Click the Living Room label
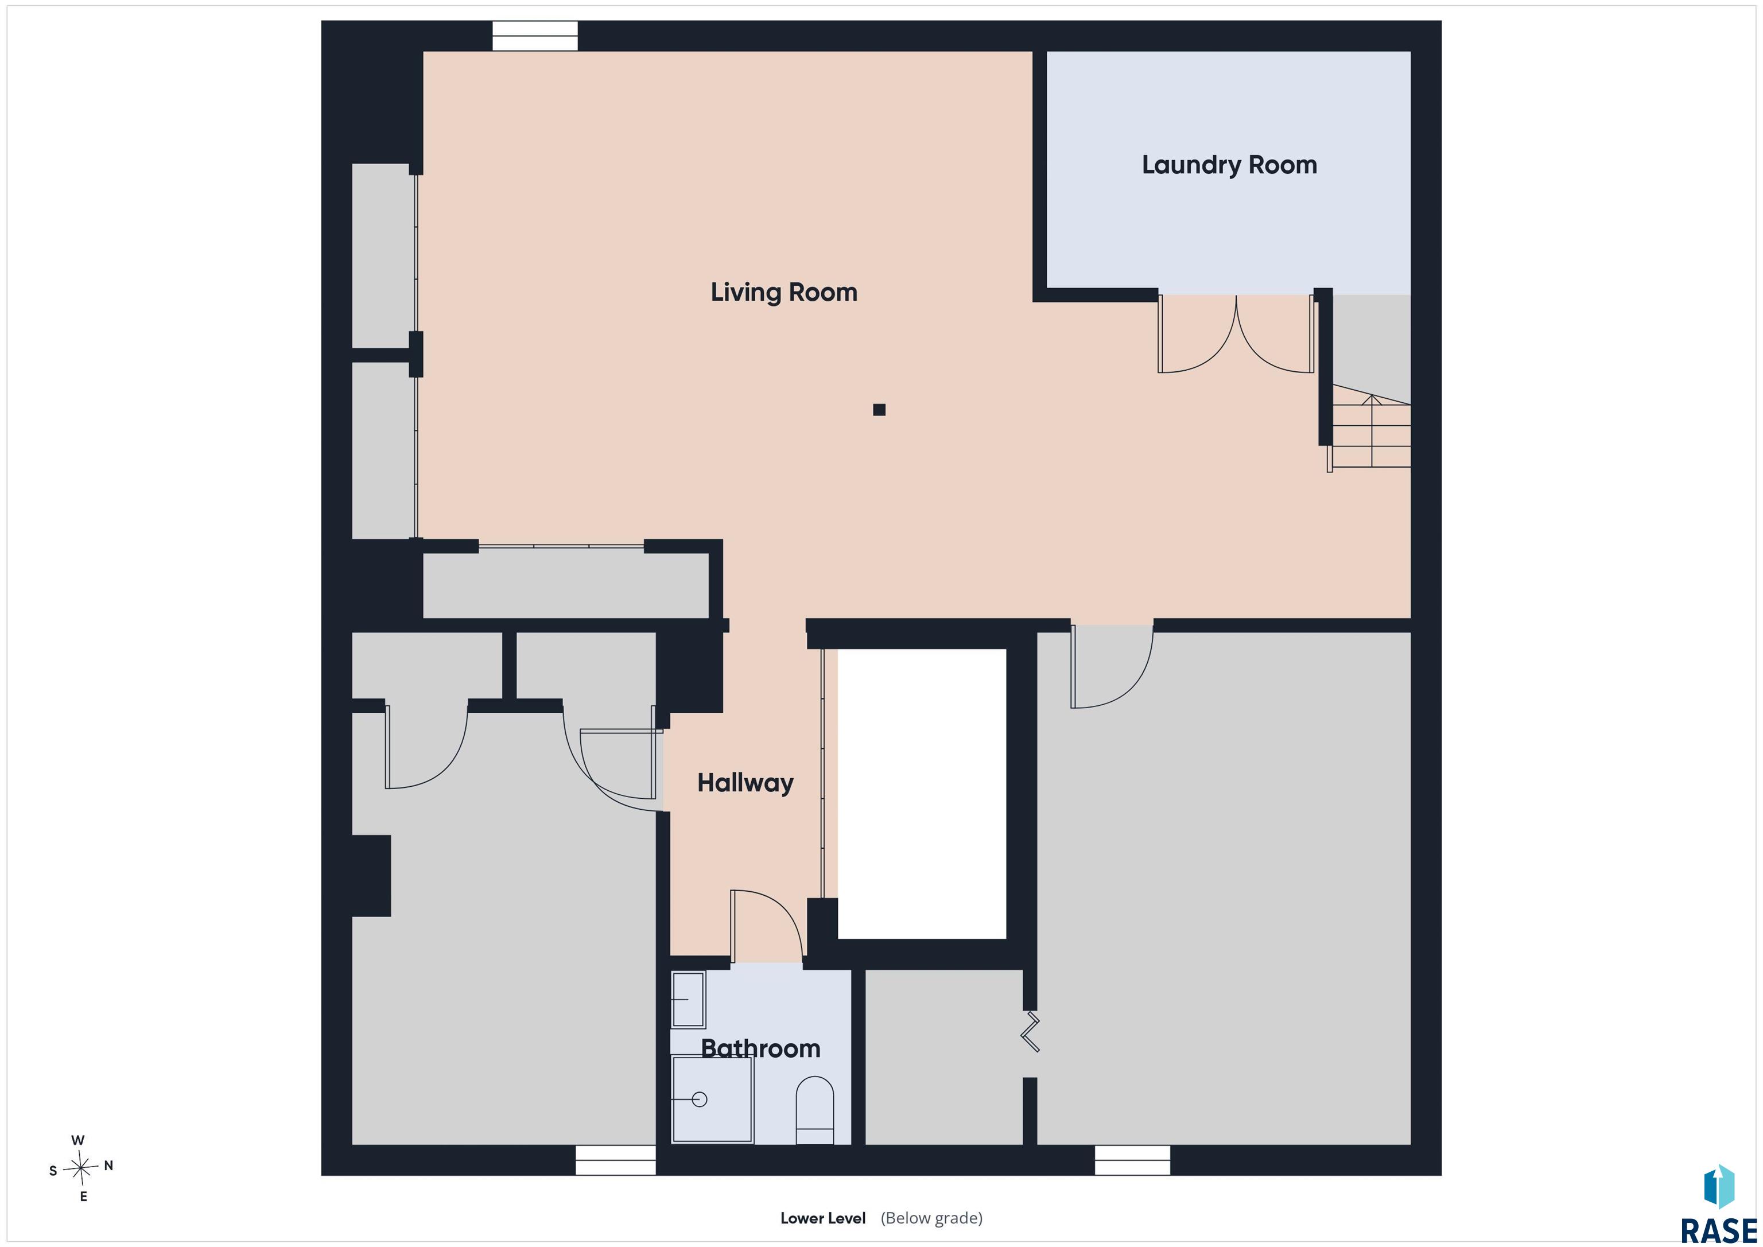(x=783, y=293)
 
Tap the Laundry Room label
(x=1229, y=165)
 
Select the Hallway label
(x=745, y=783)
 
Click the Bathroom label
(x=760, y=1049)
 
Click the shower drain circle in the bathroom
(x=699, y=1100)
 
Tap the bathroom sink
(x=688, y=999)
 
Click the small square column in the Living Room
(x=879, y=410)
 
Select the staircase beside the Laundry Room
(x=1370, y=430)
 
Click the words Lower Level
(x=822, y=1218)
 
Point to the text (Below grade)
(x=931, y=1218)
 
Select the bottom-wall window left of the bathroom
(x=615, y=1160)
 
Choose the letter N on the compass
(x=108, y=1166)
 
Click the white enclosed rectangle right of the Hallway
(x=922, y=794)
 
